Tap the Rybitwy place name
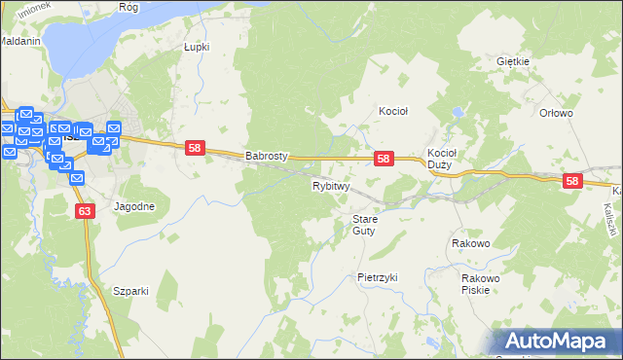(x=331, y=185)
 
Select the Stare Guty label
(x=364, y=225)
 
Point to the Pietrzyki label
(x=378, y=277)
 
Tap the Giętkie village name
(x=512, y=61)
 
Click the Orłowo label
(x=556, y=113)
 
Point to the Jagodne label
(x=134, y=206)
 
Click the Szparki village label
(x=129, y=291)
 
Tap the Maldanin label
(x=19, y=42)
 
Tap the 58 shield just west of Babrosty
(x=196, y=148)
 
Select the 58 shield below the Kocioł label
(x=384, y=159)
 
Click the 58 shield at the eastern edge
(x=571, y=181)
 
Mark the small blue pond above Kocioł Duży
(x=456, y=115)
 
